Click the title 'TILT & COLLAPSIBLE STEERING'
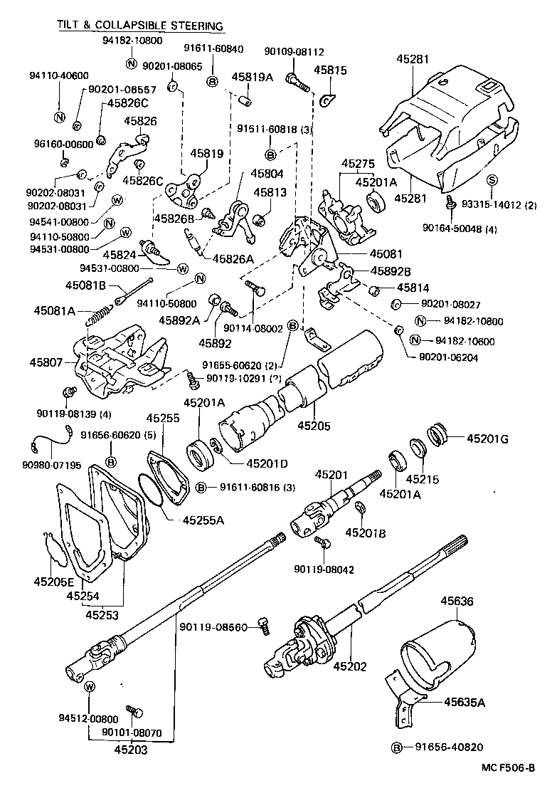tap(140, 26)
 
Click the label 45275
tap(358, 164)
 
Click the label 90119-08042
tap(324, 569)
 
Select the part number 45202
tap(349, 666)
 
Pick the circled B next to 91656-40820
tap(397, 747)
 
